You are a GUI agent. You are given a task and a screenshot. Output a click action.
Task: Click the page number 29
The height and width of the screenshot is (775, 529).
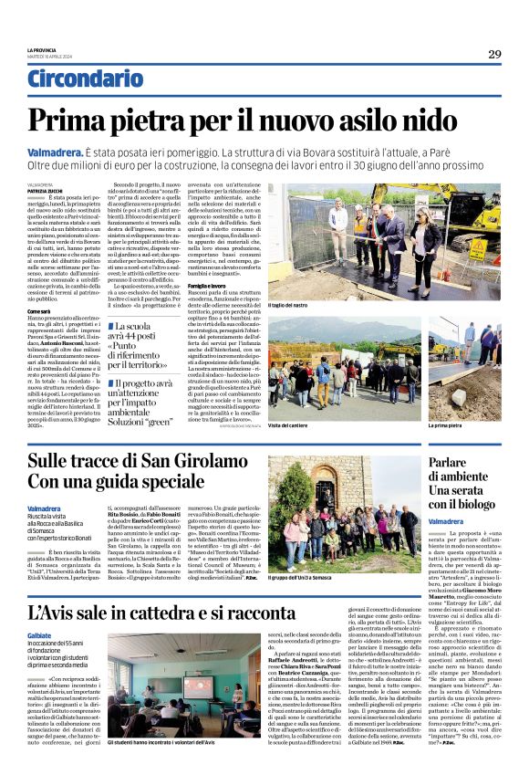coord(494,55)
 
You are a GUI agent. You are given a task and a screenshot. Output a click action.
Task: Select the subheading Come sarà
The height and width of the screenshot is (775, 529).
coord(39,311)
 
